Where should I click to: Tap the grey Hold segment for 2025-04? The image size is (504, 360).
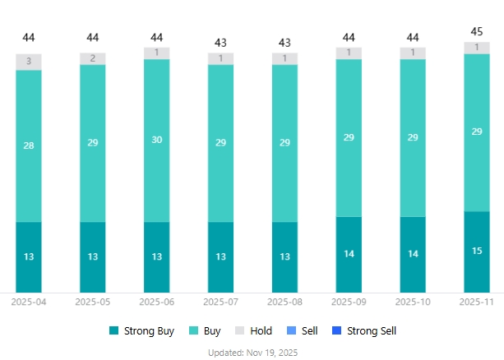(x=29, y=62)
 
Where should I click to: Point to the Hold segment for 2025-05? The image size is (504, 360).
(x=93, y=58)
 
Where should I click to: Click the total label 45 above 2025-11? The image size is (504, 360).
(x=477, y=32)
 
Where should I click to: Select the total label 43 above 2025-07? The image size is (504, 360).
(x=221, y=42)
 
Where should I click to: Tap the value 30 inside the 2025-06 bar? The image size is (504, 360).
(x=157, y=140)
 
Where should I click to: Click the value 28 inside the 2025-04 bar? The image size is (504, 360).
(x=29, y=145)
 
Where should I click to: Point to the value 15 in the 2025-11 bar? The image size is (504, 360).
(x=477, y=251)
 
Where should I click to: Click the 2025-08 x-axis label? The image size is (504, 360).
(x=285, y=302)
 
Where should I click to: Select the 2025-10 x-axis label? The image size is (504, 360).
(x=413, y=302)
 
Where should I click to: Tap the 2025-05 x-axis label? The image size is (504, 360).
(x=93, y=302)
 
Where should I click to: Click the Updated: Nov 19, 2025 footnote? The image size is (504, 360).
(x=252, y=352)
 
